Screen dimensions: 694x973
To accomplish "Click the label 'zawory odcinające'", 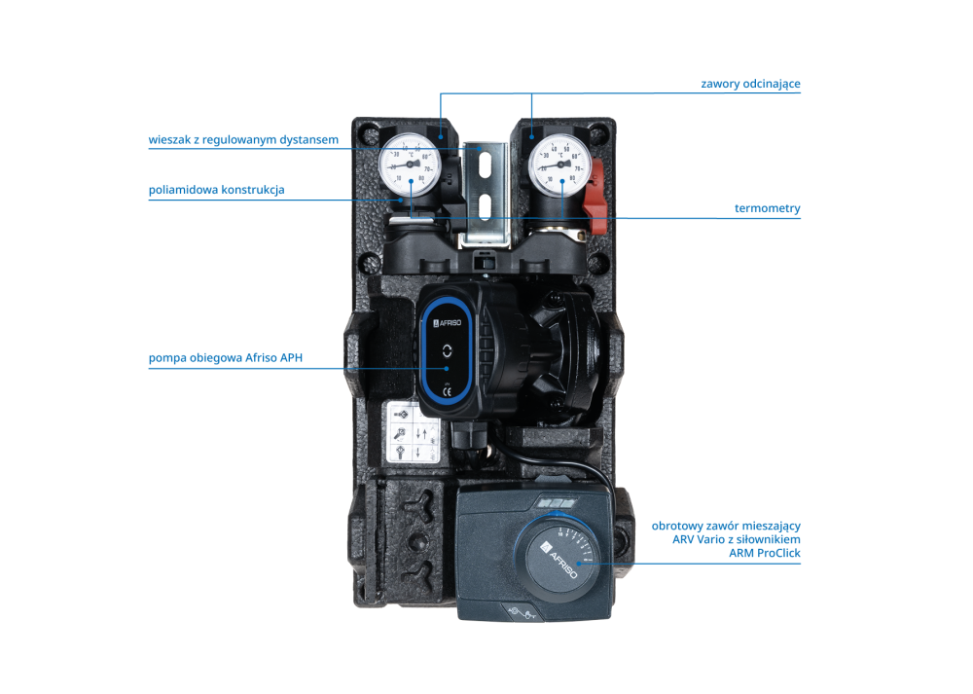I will point(750,84).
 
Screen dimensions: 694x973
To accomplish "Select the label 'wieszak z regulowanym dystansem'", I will point(243,140).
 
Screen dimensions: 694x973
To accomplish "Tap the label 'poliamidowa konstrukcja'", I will point(216,190).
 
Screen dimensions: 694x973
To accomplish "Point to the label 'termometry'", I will point(767,208).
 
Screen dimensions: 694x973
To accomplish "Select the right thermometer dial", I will point(559,161).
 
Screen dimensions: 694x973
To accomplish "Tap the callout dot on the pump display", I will point(447,368).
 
